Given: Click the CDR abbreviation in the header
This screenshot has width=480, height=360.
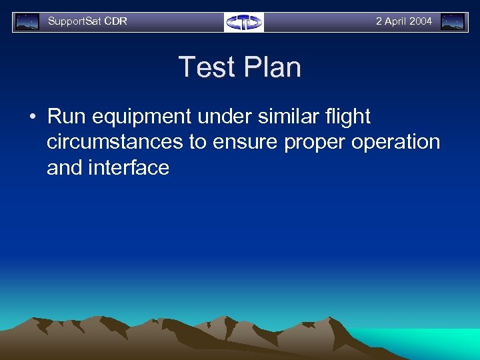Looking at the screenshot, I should [x=115, y=21].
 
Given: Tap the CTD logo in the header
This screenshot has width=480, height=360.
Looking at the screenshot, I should [x=244, y=22].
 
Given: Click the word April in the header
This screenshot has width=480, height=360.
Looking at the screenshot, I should [x=395, y=21].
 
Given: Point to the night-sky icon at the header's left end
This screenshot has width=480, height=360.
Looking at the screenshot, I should [x=27, y=22].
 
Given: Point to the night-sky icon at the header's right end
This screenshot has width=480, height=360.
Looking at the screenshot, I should [x=453, y=22].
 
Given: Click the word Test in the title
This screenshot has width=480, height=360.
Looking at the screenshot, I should [x=206, y=67].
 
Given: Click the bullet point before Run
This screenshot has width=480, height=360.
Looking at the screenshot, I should [x=33, y=117].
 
